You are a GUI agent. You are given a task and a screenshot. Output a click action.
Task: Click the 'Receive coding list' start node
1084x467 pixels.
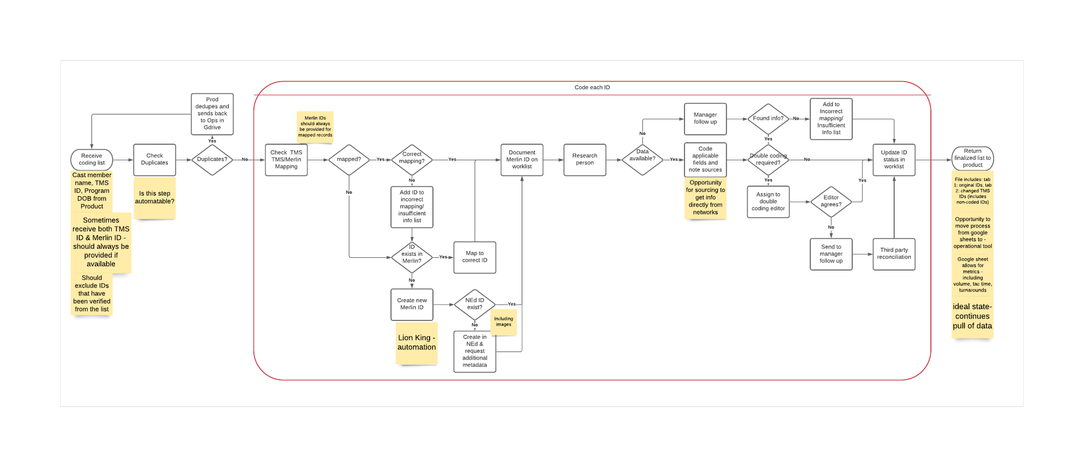pos(91,160)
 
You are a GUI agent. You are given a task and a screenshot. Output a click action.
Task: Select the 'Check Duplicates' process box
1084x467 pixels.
pos(154,160)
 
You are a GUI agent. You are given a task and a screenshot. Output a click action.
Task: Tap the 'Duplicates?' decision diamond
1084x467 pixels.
pos(212,160)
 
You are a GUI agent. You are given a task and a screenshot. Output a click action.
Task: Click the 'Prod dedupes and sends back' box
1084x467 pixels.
pos(212,114)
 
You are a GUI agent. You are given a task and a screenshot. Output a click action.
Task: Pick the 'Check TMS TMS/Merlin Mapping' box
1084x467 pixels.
pos(286,160)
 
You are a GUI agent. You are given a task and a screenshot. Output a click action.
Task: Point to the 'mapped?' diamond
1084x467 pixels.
pos(349,160)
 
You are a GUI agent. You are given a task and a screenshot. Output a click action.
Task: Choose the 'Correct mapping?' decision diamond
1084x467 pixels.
pos(411,160)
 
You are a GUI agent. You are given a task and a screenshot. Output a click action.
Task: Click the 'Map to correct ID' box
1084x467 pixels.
pos(474,257)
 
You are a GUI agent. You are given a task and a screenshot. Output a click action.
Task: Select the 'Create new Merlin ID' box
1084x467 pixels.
pos(411,304)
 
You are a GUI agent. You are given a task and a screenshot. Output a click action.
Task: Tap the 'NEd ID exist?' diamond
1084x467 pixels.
pos(474,304)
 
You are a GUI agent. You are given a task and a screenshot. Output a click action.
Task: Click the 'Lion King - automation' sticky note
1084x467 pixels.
pos(416,343)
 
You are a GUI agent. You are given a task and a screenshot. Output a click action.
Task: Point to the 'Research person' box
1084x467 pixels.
pos(584,160)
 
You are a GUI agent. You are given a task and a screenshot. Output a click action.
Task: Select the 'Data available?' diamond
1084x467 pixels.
pos(642,160)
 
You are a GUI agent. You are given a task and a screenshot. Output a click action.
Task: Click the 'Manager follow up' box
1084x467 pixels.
pos(705,118)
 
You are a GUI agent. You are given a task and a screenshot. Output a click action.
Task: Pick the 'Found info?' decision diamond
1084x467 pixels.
pos(768,118)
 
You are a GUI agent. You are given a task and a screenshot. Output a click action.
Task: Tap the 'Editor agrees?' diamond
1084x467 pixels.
pos(831,201)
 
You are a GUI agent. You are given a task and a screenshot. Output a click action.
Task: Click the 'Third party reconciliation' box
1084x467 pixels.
pos(894,254)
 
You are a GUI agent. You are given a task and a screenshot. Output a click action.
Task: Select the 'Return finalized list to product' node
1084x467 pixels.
pos(972,158)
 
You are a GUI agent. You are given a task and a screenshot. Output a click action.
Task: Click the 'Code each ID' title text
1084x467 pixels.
pos(592,88)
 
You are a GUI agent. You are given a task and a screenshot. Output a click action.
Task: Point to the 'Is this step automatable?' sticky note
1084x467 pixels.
pos(154,198)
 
